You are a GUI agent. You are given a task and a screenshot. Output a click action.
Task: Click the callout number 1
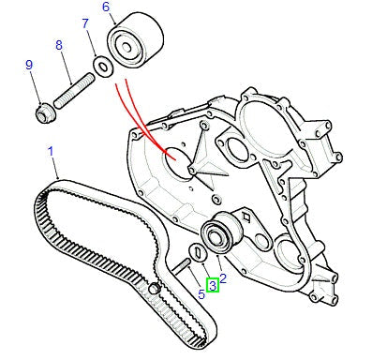click(51, 152)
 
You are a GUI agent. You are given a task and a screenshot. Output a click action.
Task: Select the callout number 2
click(223, 278)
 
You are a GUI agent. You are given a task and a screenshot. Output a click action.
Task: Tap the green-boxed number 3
click(213, 286)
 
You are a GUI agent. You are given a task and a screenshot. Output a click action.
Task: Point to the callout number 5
click(201, 294)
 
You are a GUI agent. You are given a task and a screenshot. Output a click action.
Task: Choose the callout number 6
click(106, 7)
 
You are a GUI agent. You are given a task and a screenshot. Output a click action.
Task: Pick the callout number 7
click(85, 23)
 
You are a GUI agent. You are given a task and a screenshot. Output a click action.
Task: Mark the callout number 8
click(59, 45)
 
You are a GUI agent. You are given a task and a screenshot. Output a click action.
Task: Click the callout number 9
click(29, 65)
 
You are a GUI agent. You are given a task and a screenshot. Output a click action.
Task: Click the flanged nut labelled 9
click(45, 114)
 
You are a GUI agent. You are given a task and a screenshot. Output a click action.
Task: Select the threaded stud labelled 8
click(74, 91)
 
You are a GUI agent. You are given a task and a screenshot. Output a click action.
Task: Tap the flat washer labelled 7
click(103, 66)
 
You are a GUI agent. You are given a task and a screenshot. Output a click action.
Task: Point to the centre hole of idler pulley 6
click(126, 48)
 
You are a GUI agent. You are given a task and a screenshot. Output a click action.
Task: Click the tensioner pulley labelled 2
click(221, 232)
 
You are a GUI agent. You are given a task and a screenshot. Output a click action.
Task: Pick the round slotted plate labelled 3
click(199, 252)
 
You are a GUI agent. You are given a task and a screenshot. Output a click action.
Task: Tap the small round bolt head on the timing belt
click(154, 288)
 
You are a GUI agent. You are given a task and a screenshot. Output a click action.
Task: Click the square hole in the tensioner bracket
click(246, 217)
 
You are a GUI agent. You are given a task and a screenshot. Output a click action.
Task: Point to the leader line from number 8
click(67, 67)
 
